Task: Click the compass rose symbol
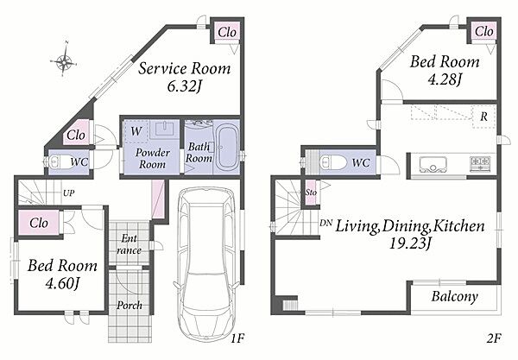(x=64, y=60)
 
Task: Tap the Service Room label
(x=185, y=68)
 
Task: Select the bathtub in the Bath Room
(x=227, y=148)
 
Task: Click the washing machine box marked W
(x=136, y=132)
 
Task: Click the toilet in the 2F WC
(x=332, y=162)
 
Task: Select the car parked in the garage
(x=206, y=264)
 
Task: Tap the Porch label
(x=129, y=305)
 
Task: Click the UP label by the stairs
(x=69, y=193)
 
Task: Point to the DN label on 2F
(x=325, y=223)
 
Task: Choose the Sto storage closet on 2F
(x=311, y=193)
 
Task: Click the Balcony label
(x=455, y=297)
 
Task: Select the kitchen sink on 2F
(x=433, y=164)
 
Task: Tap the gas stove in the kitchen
(x=480, y=163)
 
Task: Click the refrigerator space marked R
(x=483, y=117)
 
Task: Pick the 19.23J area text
(x=410, y=243)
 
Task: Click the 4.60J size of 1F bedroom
(x=62, y=283)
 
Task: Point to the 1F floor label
(x=237, y=338)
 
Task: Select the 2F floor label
(x=494, y=338)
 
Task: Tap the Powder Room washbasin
(x=165, y=129)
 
